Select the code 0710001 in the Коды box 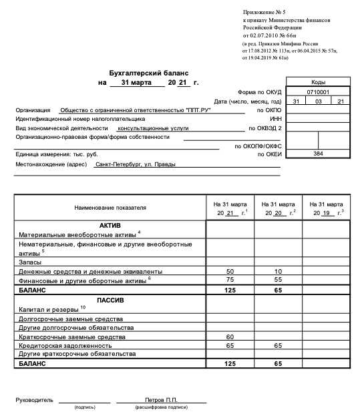pos(319,91)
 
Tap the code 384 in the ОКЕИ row pos(319,154)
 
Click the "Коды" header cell pos(319,81)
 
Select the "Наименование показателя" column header pos(110,208)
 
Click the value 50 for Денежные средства pos(230,272)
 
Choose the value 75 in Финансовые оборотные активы pos(230,281)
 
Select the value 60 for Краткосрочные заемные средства pos(230,337)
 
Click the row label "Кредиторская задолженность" pos(65,346)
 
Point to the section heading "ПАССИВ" pos(110,300)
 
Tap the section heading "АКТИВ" pos(110,225)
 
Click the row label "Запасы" pos(30,262)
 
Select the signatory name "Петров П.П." pos(161,399)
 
